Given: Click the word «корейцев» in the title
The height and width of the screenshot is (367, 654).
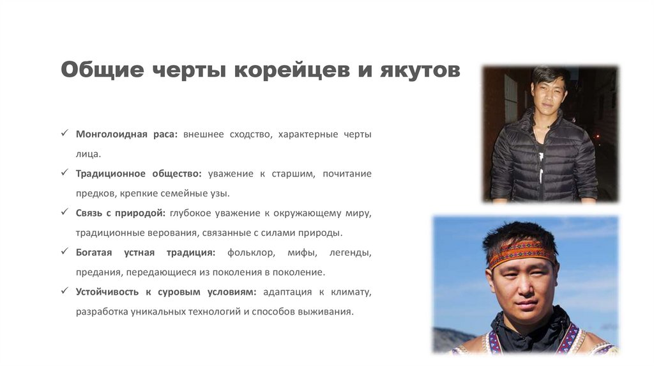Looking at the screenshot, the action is (x=291, y=70).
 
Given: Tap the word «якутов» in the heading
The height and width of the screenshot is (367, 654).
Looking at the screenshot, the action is (x=420, y=70).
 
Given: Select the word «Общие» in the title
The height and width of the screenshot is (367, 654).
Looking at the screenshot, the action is (x=102, y=70).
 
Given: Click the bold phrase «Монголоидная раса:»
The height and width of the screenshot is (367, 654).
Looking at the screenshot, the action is (x=126, y=134).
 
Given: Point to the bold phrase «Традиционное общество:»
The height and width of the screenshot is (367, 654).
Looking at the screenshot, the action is (x=139, y=174).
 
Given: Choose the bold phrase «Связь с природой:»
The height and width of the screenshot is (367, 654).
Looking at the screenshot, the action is (x=121, y=214).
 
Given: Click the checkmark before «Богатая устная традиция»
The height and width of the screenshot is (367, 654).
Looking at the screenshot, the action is (x=65, y=251).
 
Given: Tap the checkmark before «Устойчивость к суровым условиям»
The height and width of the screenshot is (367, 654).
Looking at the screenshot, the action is (x=65, y=290).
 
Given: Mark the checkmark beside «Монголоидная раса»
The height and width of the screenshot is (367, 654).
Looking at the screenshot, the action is (x=65, y=133).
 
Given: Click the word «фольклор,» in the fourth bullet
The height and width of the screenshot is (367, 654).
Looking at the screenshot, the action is (x=251, y=253).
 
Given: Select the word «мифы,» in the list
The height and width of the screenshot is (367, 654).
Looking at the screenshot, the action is (x=302, y=253).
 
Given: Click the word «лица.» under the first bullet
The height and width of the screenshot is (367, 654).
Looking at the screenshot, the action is (x=88, y=155).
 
